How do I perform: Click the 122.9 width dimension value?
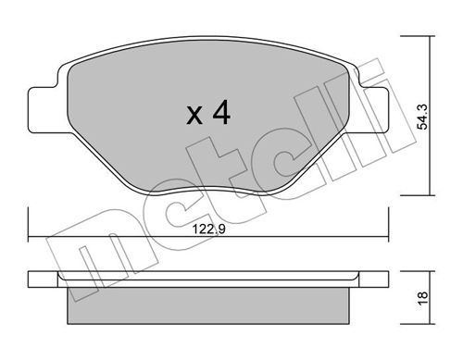pos(209,230)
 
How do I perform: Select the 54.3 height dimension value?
pos(422,117)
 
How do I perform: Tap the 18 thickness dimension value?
pos(422,298)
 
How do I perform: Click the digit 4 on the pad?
pos(221,112)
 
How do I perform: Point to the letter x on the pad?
pos(194,116)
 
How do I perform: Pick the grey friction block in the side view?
pos(208,305)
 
